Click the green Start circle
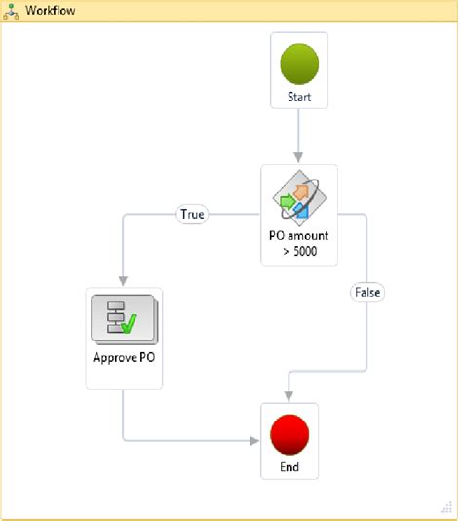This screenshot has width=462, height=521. click(x=299, y=63)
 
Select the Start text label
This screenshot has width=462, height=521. click(x=299, y=98)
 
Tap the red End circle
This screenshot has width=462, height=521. click(x=289, y=433)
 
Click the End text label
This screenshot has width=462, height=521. click(x=289, y=468)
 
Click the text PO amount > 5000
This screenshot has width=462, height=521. click(x=299, y=242)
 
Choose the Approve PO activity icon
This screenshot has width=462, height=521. click(x=124, y=318)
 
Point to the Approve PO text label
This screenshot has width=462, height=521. click(x=124, y=356)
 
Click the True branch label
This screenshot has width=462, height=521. click(x=192, y=214)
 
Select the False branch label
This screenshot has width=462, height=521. click(x=367, y=291)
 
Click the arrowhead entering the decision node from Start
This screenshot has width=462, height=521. click(x=299, y=157)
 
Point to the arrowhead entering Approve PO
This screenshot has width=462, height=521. click(x=124, y=281)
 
